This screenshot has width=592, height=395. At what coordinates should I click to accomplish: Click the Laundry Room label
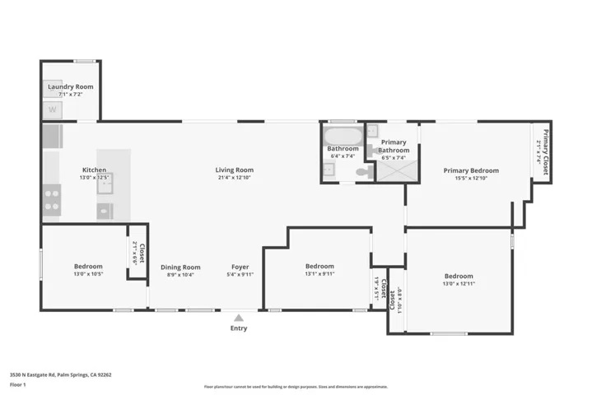click(70, 86)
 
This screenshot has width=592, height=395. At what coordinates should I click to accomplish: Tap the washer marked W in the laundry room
click(53, 109)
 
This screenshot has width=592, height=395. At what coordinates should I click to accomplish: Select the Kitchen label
click(93, 170)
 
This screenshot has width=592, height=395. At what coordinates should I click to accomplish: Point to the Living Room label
click(234, 170)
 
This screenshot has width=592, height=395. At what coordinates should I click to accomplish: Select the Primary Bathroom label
click(394, 146)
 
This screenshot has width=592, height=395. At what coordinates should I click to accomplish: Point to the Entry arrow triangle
click(238, 317)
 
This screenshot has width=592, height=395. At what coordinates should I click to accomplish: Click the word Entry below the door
click(238, 328)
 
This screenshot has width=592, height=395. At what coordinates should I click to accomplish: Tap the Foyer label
click(240, 267)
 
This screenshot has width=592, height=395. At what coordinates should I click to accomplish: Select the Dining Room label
click(180, 267)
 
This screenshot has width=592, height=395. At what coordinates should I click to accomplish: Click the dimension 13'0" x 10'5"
click(88, 274)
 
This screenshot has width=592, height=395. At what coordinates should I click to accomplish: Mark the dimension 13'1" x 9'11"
click(319, 274)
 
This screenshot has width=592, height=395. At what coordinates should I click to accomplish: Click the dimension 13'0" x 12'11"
click(459, 284)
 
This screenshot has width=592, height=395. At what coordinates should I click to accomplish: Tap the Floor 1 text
click(17, 384)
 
